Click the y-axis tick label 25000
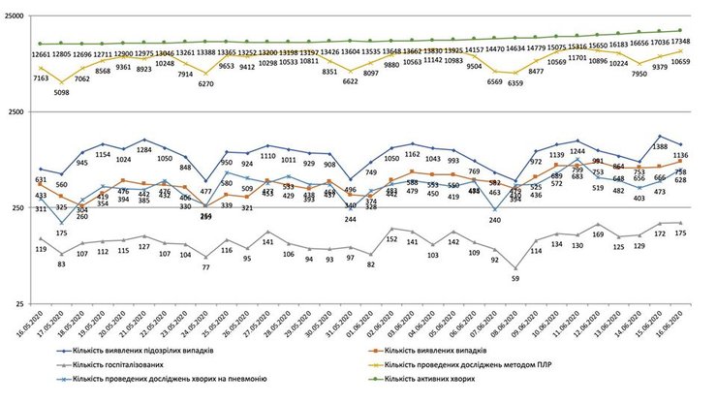click(15, 16)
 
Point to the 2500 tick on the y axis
click(16, 112)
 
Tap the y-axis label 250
click(19, 208)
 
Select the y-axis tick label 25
click(22, 304)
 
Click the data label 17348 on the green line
click(679, 42)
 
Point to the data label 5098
click(61, 93)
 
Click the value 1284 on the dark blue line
click(144, 150)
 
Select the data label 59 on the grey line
click(515, 279)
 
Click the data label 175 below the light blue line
click(61, 233)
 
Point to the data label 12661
click(40, 55)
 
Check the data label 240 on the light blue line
click(495, 221)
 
